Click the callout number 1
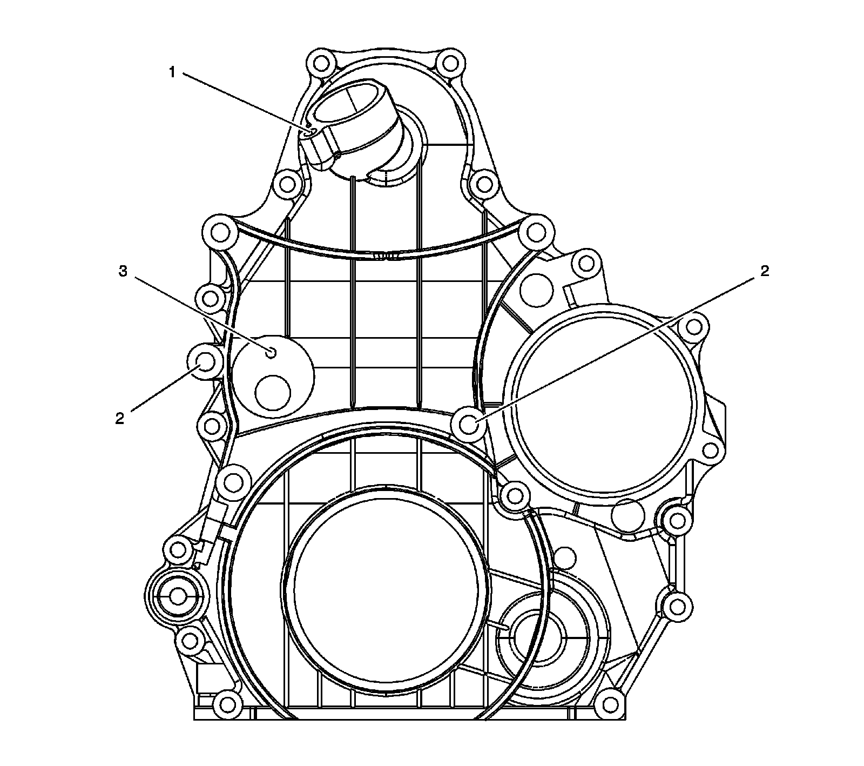172,72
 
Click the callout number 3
123,272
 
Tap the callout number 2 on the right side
764,272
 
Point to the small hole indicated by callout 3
272,353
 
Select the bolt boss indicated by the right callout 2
469,424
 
